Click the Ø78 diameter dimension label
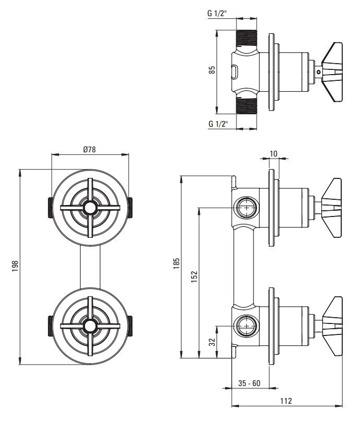89,149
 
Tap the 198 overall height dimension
15,266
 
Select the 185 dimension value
176,263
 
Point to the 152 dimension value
194,276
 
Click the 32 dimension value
212,342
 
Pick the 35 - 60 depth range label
249,383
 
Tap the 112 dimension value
286,401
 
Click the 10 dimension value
273,154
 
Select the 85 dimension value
212,70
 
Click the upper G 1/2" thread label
218,14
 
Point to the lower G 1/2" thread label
218,124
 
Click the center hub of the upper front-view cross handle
90,208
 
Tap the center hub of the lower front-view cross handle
90,326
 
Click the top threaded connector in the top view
246,40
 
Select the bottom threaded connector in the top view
246,105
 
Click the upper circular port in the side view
247,207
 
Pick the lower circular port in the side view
247,326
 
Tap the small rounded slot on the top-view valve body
235,71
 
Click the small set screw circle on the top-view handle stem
318,72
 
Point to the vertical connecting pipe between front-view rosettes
90,267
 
